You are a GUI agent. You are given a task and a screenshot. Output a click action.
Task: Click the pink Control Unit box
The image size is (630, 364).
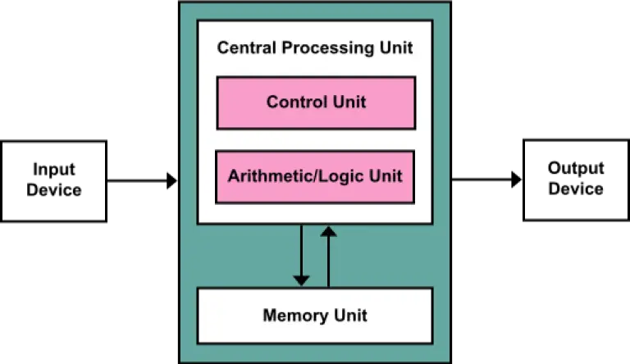pos(316,103)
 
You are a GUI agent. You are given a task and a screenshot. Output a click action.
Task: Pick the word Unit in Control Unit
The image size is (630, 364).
pos(349,102)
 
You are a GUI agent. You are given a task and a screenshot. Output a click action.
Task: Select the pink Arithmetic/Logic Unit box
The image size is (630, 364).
pos(315,176)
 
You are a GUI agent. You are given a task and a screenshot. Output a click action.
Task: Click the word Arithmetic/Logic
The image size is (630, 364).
pos(296,176)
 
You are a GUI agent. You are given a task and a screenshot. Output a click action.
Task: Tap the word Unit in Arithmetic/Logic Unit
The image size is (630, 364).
pos(386,176)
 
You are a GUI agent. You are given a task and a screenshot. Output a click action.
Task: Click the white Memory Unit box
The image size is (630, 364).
pos(315,316)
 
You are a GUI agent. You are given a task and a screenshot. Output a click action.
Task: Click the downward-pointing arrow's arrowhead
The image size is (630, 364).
pos(301,280)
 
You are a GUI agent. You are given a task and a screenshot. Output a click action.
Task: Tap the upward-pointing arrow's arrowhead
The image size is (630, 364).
pos(328,232)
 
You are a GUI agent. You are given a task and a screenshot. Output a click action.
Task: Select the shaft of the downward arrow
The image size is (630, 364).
pos(301,250)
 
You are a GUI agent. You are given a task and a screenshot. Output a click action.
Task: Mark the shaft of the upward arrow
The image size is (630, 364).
pos(328,262)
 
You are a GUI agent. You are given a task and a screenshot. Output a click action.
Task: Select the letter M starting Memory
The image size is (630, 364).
pos(269,316)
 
